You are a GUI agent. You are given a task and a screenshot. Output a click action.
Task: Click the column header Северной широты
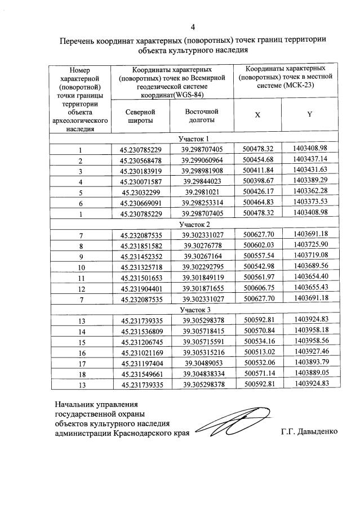point(140,116)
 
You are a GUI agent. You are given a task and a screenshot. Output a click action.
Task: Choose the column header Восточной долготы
point(202,116)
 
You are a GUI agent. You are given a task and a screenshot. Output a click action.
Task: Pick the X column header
point(257,114)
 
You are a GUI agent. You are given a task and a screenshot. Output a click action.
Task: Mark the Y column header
point(309,114)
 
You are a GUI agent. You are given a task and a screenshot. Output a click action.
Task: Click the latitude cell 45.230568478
point(141,160)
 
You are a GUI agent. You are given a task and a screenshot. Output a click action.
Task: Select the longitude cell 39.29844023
point(203,182)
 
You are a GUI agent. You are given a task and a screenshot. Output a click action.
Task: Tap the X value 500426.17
point(258,192)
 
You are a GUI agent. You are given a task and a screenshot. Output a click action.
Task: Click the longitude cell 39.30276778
point(203,245)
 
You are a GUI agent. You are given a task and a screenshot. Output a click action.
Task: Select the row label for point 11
point(81,278)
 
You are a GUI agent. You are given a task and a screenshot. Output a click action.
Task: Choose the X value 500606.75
point(258,288)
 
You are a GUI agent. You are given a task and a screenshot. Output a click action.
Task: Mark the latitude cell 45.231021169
point(141,352)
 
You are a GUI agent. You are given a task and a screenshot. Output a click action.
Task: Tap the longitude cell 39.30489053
point(203,363)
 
